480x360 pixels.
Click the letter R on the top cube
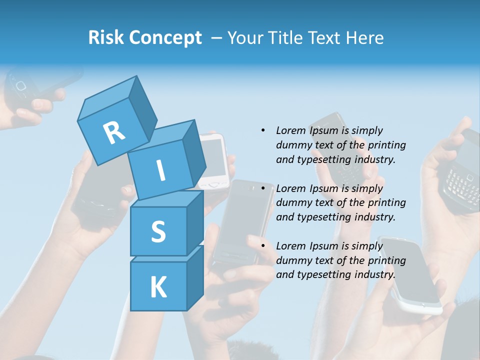point(114,132)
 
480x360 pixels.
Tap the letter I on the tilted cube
point(160,170)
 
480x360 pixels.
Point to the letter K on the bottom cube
point(158,287)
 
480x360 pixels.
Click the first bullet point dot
point(263,130)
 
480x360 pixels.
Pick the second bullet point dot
point(263,188)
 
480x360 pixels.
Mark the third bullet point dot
point(263,246)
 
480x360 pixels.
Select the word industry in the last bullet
point(375,274)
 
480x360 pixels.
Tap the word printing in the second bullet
point(386,202)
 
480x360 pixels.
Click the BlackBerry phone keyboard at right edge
point(461,182)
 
